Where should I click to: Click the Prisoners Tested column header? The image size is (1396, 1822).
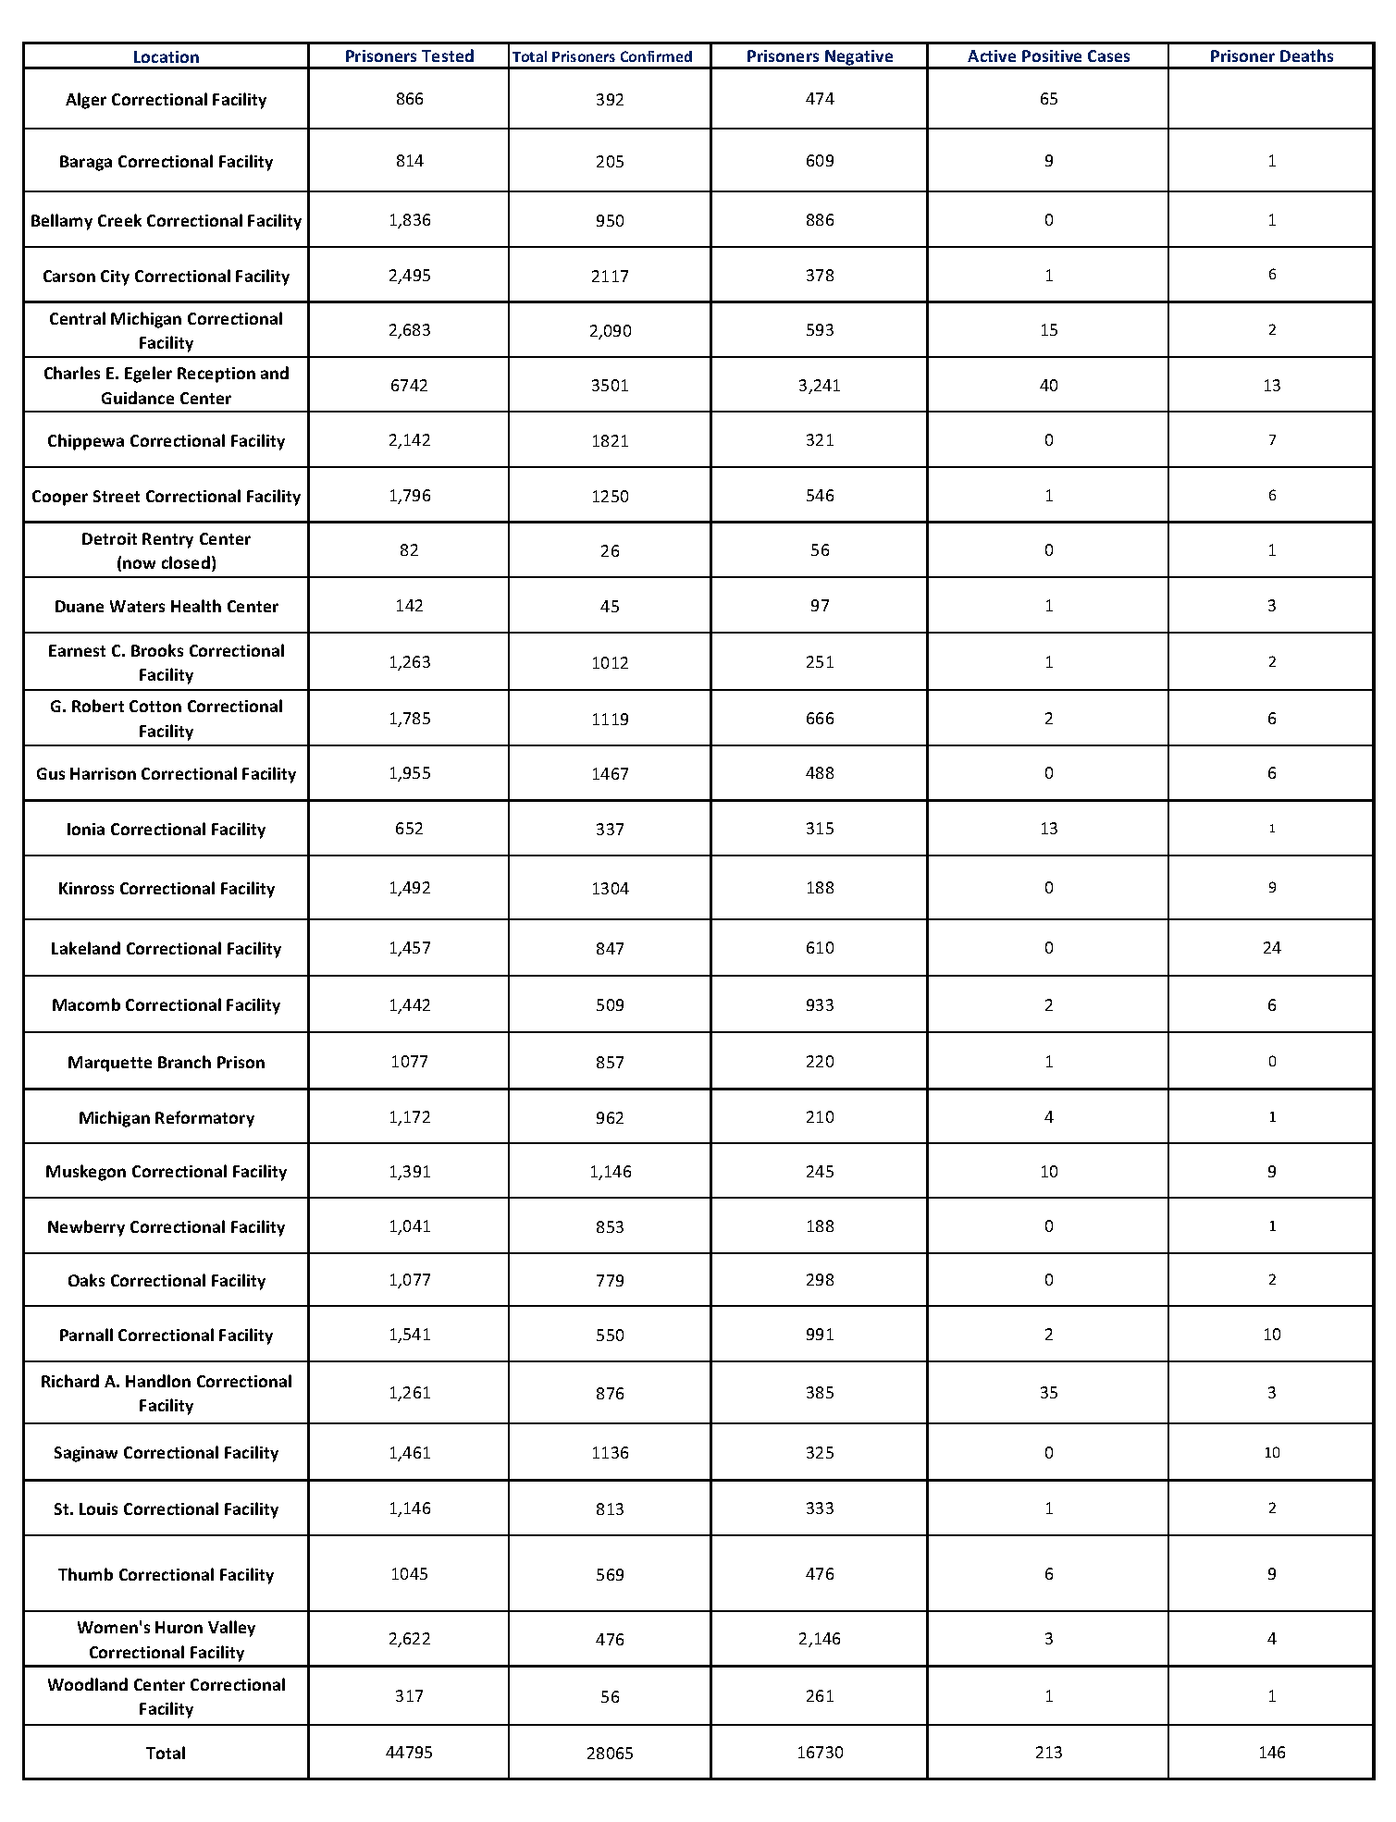point(409,56)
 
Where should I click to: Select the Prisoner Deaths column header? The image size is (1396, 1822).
point(1271,56)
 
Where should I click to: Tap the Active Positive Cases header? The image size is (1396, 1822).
point(1048,56)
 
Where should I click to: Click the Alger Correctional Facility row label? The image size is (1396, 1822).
point(166,100)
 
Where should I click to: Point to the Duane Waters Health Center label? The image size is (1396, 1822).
point(166,607)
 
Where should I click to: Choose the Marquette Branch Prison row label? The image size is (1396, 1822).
point(166,1063)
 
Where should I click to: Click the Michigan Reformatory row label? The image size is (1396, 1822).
point(166,1118)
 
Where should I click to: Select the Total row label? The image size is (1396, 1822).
point(166,1753)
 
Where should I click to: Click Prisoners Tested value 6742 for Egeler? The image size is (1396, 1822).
point(409,386)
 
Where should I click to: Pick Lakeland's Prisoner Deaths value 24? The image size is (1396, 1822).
point(1271,948)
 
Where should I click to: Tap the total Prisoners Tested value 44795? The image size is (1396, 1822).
point(409,1753)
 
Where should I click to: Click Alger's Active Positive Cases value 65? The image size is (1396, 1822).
point(1048,100)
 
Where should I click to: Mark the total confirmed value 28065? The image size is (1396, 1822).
point(610,1754)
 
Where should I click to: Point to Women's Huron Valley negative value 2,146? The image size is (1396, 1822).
point(820,1639)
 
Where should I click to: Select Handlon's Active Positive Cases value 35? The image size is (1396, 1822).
point(1048,1393)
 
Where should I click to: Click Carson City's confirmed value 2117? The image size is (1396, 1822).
point(610,277)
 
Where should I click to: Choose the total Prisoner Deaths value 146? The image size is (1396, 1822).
point(1271,1753)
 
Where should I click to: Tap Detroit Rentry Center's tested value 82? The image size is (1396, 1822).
point(409,551)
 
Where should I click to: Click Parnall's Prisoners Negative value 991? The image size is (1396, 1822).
point(820,1335)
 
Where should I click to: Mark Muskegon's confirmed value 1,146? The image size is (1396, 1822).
point(610,1173)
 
